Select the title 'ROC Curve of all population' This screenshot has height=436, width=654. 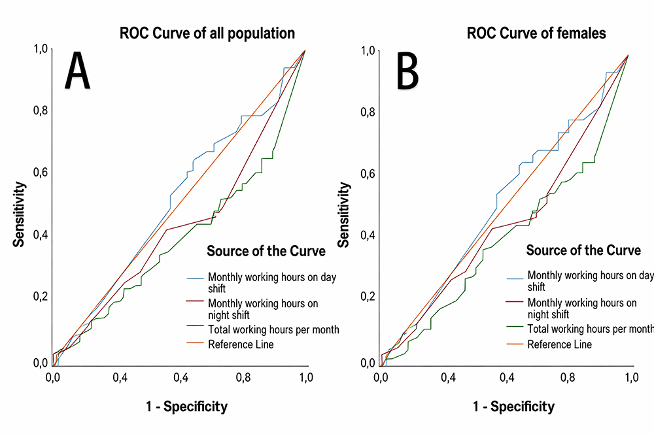206,33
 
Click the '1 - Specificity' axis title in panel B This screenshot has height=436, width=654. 513,407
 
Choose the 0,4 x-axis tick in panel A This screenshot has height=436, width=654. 120,377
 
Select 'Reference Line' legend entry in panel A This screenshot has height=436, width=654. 241,344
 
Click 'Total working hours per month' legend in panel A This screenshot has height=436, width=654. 273,329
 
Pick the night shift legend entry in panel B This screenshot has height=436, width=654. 581,308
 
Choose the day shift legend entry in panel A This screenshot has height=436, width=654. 271,282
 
